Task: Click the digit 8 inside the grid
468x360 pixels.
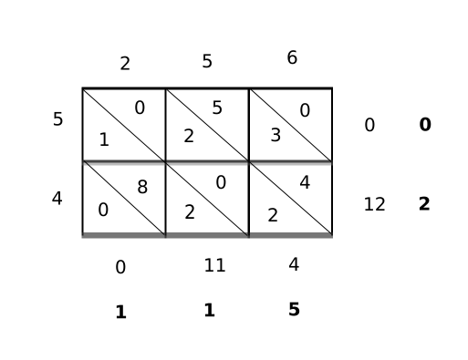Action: (x=142, y=188)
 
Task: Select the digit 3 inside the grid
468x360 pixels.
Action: (x=276, y=136)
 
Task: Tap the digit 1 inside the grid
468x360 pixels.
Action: (x=104, y=140)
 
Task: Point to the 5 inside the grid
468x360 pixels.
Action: (x=217, y=108)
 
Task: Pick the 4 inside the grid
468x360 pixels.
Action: (x=305, y=183)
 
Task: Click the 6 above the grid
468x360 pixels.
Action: (x=292, y=58)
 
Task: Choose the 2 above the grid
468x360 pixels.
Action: (x=125, y=64)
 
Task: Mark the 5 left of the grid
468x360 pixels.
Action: (x=57, y=119)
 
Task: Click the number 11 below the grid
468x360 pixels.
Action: (x=214, y=266)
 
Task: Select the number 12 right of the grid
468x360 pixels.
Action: (x=374, y=204)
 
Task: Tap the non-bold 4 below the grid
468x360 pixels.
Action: (x=293, y=265)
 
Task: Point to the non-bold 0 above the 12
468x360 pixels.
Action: (x=369, y=125)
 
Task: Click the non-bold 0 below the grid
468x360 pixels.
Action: (x=120, y=268)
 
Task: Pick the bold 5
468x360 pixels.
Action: (x=294, y=310)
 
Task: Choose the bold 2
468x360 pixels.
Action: (x=424, y=204)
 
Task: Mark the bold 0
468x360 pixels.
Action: (x=425, y=125)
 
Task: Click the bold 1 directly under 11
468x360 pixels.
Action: (x=209, y=311)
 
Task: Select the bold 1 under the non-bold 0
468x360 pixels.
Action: (x=120, y=313)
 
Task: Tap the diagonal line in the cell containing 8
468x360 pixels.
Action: (x=124, y=199)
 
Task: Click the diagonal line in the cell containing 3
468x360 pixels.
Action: (x=291, y=125)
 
